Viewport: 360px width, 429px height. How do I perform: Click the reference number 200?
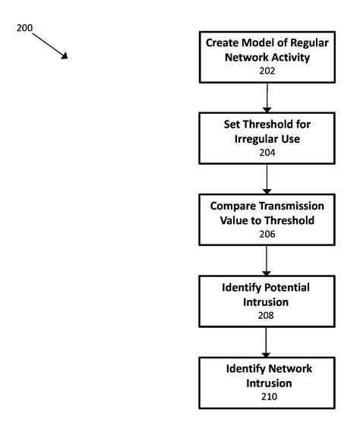click(x=25, y=27)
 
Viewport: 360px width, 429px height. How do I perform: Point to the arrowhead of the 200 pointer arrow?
click(x=65, y=57)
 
